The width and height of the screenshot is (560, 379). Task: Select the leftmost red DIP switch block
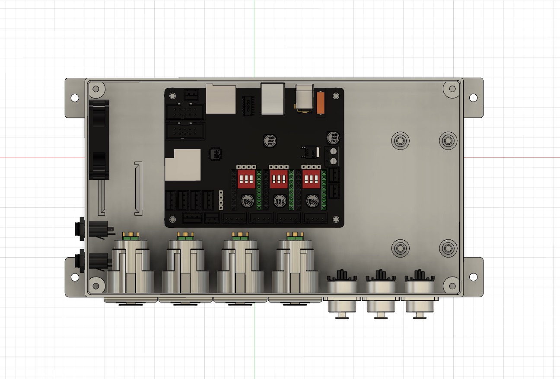[246, 178]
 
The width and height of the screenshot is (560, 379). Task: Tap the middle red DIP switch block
[279, 178]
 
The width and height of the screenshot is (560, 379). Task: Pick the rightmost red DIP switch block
[312, 178]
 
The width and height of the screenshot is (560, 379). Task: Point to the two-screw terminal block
[333, 156]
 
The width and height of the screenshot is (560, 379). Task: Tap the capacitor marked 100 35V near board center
[271, 140]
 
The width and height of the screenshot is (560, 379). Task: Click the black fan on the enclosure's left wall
[99, 139]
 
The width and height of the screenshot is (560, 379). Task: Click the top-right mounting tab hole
[473, 98]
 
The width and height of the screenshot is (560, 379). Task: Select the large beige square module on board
[183, 165]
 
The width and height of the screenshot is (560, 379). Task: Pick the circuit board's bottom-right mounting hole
[335, 220]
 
